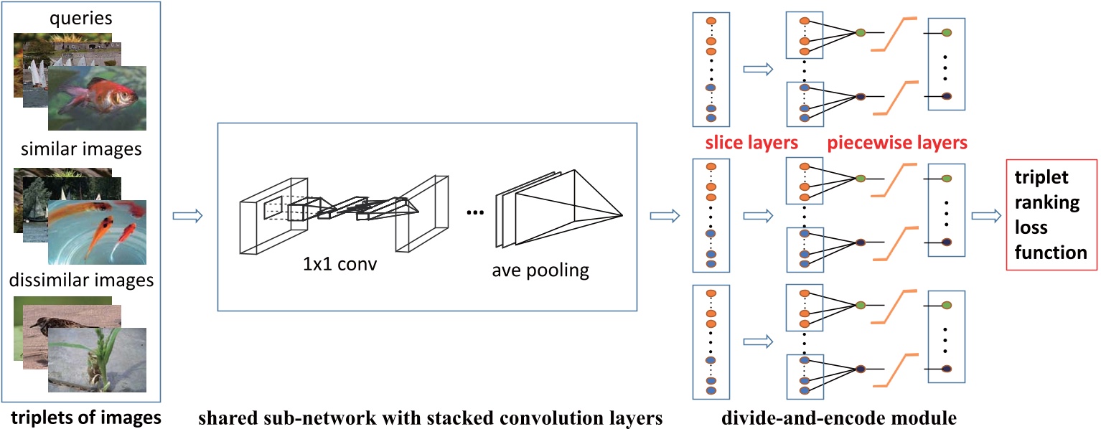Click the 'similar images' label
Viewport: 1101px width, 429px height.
click(80, 149)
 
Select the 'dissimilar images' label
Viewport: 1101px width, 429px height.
click(80, 280)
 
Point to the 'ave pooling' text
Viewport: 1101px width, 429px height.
click(540, 270)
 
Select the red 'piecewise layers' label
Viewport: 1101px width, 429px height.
click(896, 143)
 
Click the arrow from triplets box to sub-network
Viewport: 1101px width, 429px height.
click(184, 214)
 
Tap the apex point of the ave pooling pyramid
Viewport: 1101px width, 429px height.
click(622, 215)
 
